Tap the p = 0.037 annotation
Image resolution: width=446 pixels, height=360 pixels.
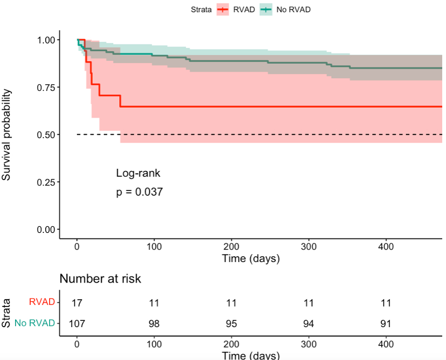pyautogui.click(x=139, y=192)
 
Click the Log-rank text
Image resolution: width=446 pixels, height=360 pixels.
pyautogui.click(x=134, y=173)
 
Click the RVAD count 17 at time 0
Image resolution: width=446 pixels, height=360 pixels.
pyautogui.click(x=77, y=303)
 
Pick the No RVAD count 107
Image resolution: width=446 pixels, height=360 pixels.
pyautogui.click(x=77, y=324)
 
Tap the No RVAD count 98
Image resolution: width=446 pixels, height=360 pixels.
pyautogui.click(x=154, y=324)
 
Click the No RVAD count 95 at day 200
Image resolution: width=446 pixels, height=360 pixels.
pyautogui.click(x=231, y=324)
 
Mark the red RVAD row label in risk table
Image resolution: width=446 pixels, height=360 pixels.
pyautogui.click(x=42, y=302)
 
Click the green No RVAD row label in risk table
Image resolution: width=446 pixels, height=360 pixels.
pyautogui.click(x=35, y=323)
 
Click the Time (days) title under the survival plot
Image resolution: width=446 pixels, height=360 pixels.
pyautogui.click(x=251, y=259)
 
